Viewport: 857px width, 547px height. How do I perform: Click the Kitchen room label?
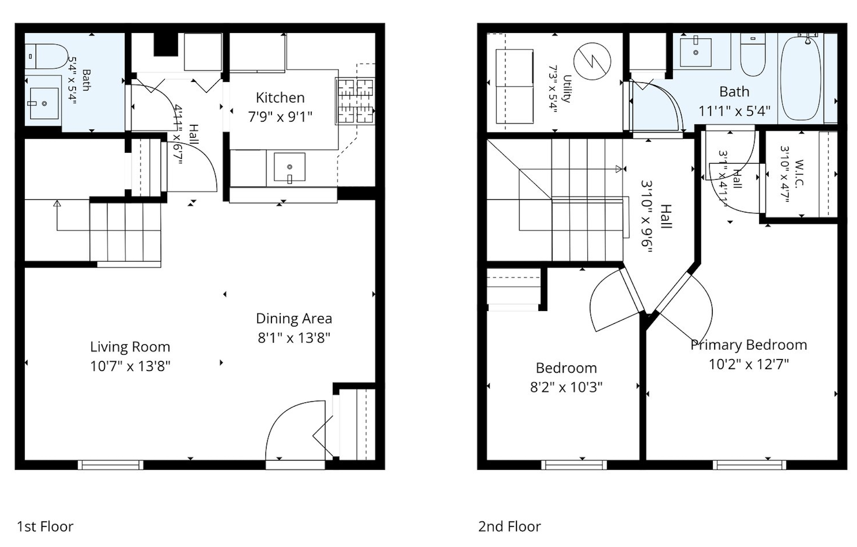280,98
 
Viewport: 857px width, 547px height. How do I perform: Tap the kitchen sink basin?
289,167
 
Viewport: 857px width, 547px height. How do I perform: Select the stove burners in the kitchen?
355,102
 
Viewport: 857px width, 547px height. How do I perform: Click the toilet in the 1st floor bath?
46,56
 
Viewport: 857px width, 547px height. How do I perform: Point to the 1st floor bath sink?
44,103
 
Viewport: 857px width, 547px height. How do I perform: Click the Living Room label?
130,347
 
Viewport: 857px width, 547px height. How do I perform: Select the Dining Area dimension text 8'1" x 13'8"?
294,338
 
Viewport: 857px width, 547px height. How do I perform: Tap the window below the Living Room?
110,465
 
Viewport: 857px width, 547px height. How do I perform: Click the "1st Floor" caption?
45,526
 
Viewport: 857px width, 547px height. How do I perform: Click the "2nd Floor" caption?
510,526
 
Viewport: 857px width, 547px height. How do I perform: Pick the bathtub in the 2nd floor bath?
801,78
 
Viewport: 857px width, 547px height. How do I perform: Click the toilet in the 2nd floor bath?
753,56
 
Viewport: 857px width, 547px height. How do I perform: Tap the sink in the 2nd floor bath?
695,53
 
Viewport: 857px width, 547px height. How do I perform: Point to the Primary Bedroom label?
749,345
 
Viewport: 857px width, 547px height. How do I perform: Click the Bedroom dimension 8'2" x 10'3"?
566,387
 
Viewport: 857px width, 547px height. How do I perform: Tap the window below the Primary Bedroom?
749,465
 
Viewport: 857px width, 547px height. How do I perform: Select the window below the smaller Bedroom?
574,465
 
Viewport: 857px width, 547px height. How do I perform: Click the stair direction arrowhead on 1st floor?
57,204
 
